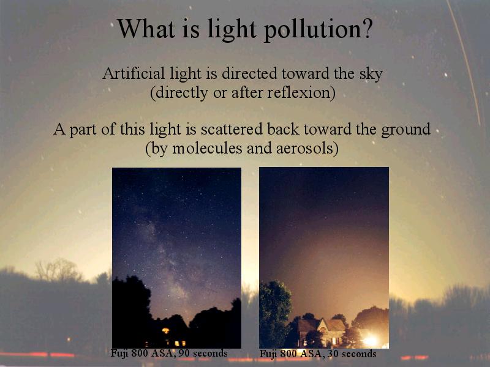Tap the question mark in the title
366,28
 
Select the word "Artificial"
133,73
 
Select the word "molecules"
207,148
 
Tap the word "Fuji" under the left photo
119,354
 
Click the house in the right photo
322,332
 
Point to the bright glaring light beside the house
371,340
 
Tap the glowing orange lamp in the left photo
165,331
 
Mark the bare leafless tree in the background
57,270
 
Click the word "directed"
249,73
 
